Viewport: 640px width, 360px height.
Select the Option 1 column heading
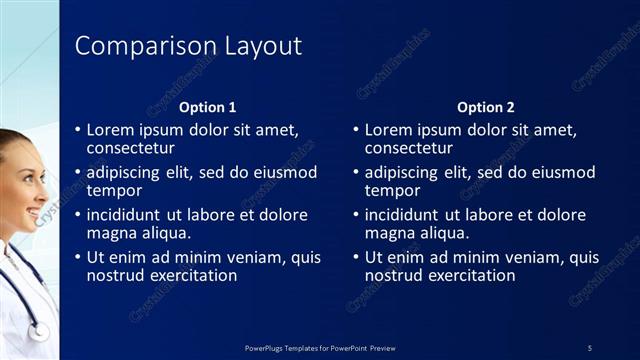[x=207, y=107]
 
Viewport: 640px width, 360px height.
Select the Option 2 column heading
[x=485, y=107]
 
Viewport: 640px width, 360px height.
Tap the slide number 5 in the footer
[x=589, y=347]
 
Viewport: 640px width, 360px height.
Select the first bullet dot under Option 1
[x=78, y=130]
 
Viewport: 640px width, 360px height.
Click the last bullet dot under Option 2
[x=356, y=258]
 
